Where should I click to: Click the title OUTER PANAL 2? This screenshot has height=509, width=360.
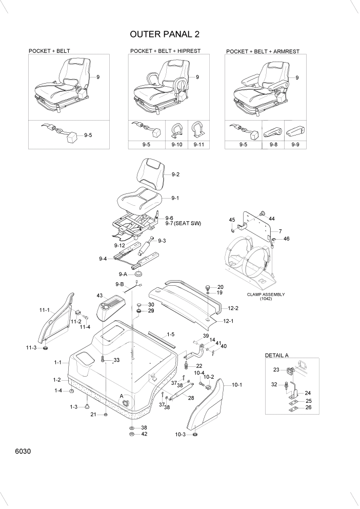click(165, 34)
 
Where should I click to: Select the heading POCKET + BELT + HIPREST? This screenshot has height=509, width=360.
click(165, 51)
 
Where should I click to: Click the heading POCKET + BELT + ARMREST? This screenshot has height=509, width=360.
click(263, 52)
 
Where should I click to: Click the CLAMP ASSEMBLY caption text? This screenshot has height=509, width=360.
click(266, 295)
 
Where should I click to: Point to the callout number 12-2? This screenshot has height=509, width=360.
click(233, 308)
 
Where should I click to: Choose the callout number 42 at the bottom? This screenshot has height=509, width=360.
click(144, 434)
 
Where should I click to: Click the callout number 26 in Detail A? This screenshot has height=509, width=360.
click(308, 408)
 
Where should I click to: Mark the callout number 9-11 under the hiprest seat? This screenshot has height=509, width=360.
click(198, 145)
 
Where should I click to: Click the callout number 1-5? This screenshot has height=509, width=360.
click(171, 335)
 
